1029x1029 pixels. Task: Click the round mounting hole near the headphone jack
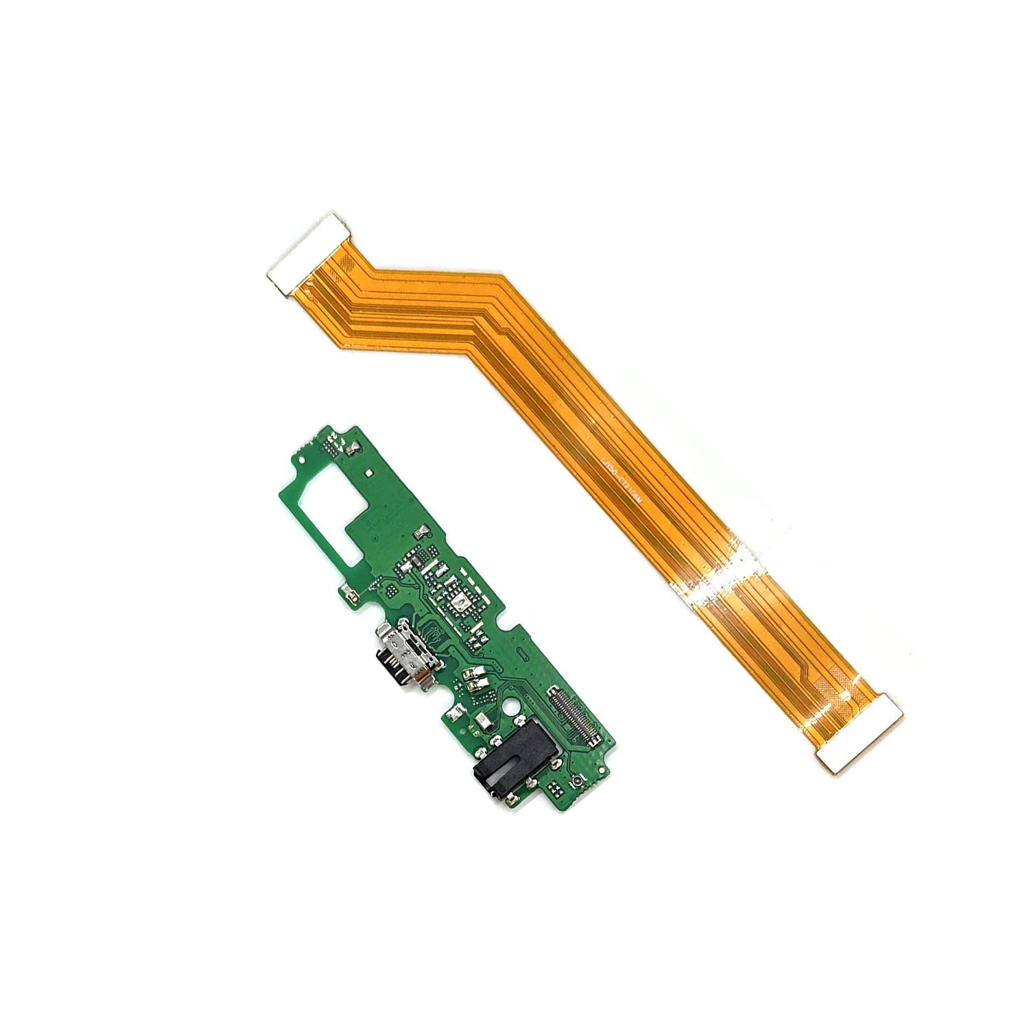click(x=509, y=707)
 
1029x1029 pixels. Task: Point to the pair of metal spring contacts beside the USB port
click(x=475, y=679)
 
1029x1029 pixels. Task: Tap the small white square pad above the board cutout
click(x=369, y=473)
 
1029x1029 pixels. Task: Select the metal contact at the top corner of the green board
click(x=352, y=447)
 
